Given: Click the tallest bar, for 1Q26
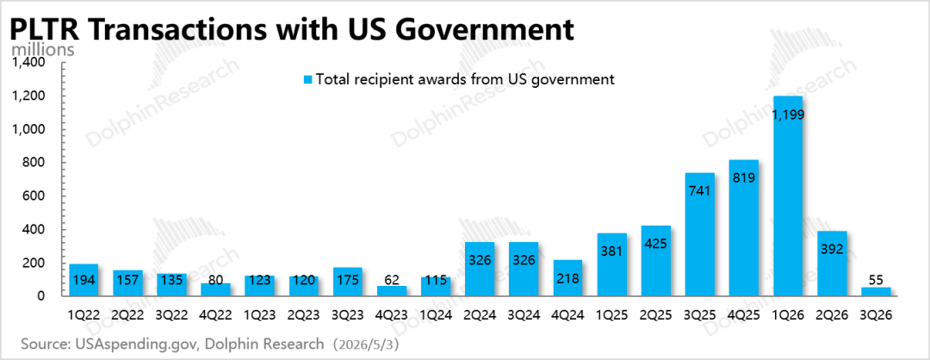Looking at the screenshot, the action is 788,196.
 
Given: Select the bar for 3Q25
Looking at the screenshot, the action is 700,233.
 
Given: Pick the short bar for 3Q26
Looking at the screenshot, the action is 876,291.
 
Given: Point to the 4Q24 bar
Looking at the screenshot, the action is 567,277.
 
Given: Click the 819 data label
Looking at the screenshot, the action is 744,177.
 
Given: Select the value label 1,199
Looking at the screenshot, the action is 788,115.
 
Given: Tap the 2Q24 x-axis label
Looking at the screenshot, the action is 480,314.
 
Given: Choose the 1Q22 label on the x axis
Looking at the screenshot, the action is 84,314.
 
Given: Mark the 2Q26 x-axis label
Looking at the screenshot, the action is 832,314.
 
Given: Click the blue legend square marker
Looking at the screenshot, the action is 307,79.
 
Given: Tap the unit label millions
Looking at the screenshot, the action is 43,48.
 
